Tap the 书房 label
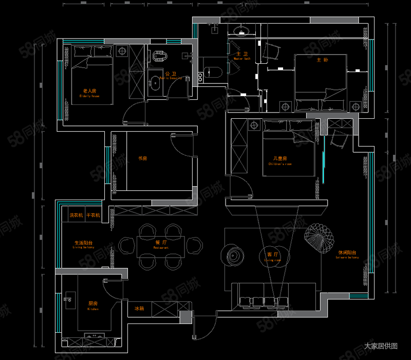[x=143, y=158]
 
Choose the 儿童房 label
[x=280, y=158]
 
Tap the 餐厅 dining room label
[x=161, y=242]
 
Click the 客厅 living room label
[x=272, y=255]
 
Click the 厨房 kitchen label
[x=93, y=304]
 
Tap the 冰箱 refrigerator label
[x=140, y=309]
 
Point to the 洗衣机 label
[x=77, y=214]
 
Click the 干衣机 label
[x=94, y=214]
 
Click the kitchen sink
[x=69, y=298]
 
